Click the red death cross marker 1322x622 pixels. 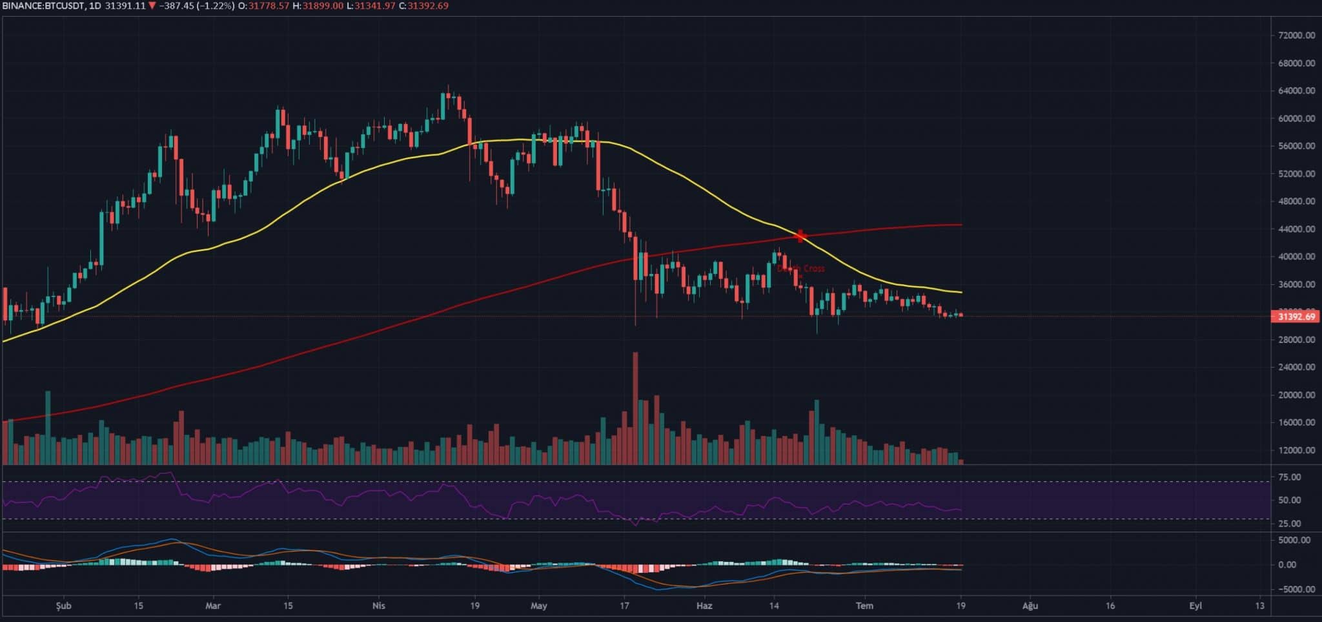(801, 236)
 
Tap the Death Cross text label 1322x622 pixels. (801, 269)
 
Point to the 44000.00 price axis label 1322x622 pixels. (1295, 229)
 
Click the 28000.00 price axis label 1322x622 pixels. (1295, 340)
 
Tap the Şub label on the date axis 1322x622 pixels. (63, 606)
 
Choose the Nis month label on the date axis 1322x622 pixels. (379, 606)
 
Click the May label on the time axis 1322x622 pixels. (539, 606)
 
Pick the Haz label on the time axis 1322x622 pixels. (704, 606)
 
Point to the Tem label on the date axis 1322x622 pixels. (864, 606)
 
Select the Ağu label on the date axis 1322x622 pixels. (1030, 606)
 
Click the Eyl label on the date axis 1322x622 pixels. (1195, 606)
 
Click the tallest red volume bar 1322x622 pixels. (635, 407)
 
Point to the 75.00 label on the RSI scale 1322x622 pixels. (1289, 477)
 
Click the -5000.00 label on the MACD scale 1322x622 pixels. (1292, 589)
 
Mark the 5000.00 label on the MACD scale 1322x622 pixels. (1294, 540)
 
